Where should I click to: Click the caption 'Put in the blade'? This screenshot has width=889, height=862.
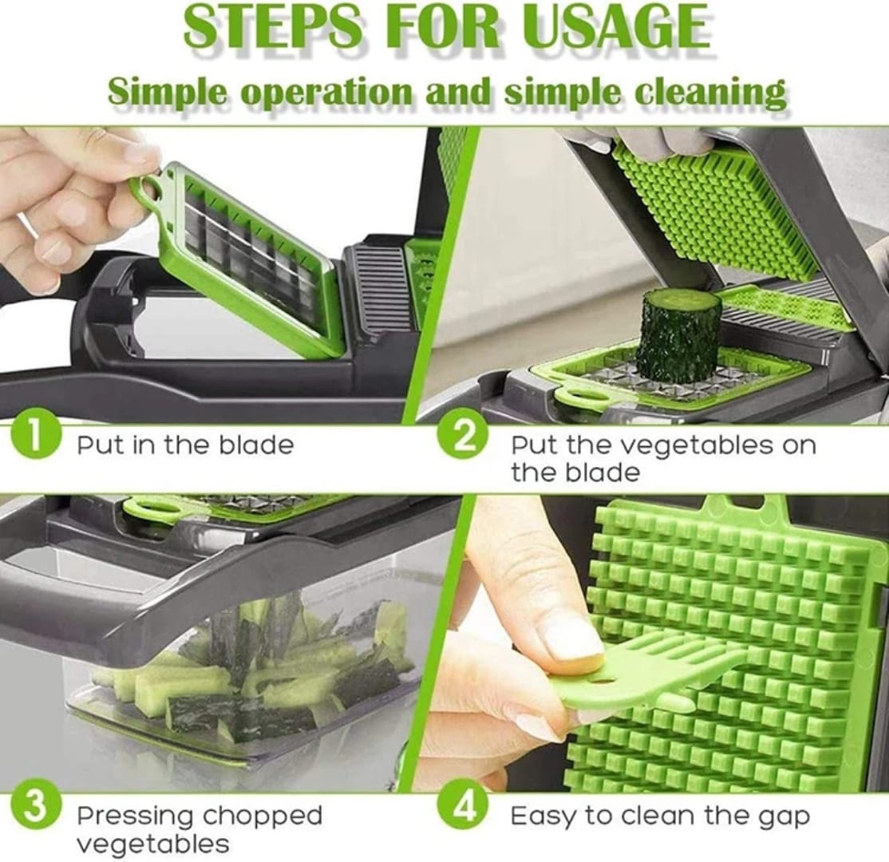pos(185,445)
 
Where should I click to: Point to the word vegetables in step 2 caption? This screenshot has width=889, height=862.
pos(682,445)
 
